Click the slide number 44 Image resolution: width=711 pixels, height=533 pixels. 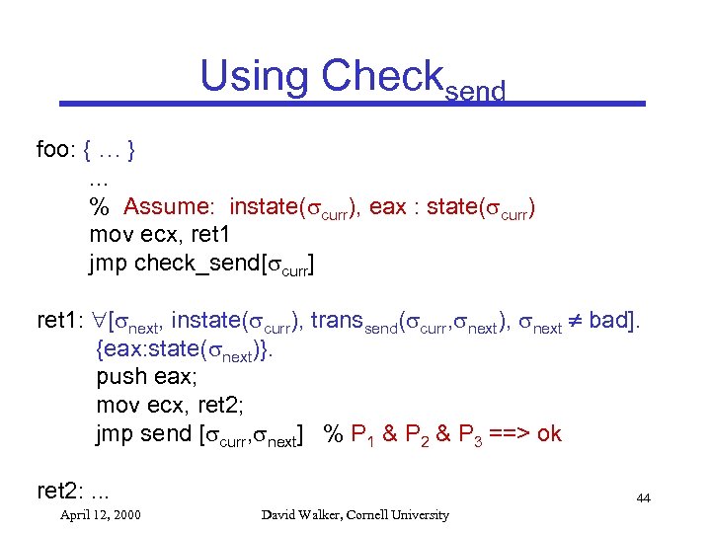tap(643, 498)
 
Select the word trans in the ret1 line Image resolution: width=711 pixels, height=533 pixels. tap(335, 321)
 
